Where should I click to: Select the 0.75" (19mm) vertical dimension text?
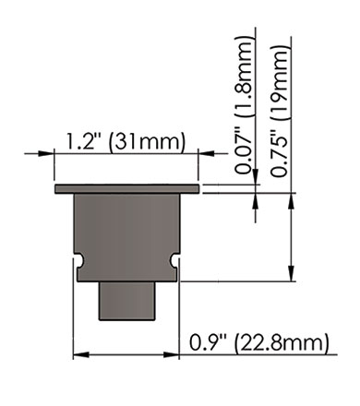(281, 111)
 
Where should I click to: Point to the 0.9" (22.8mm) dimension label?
(258, 342)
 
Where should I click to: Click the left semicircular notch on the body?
(79, 260)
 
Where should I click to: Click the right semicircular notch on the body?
(174, 260)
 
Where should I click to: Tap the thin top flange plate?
(126, 189)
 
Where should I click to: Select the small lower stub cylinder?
(126, 301)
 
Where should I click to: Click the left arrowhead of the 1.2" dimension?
(46, 153)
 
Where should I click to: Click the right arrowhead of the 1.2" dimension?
(206, 153)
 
